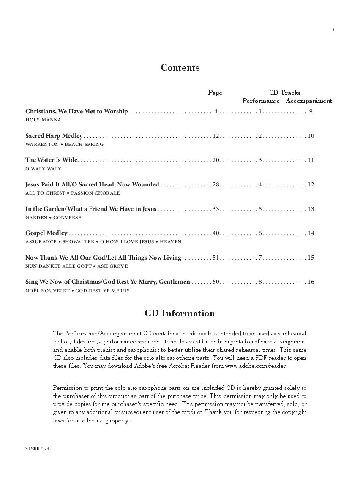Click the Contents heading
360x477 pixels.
tap(180, 68)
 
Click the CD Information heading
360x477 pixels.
tap(180, 313)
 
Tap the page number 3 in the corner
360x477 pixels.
tap(333, 29)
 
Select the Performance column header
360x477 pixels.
tap(261, 101)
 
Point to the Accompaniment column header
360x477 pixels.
tap(309, 101)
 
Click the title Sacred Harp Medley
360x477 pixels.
tap(54, 136)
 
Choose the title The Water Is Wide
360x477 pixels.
tap(51, 160)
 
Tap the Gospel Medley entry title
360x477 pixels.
tap(46, 233)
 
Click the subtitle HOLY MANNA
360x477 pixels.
tap(43, 120)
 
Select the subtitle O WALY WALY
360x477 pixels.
tap(43, 169)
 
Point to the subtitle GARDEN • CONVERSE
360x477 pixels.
tap(53, 217)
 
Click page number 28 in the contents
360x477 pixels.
tap(216, 184)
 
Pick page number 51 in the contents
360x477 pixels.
tap(216, 258)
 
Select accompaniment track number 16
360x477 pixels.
tap(311, 282)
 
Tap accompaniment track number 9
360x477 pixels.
tap(311, 112)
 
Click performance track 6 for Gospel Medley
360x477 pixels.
tap(261, 233)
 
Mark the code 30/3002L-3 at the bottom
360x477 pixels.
tap(37, 448)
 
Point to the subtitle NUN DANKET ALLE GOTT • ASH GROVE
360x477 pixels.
tap(76, 266)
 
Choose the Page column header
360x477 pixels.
tap(215, 93)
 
